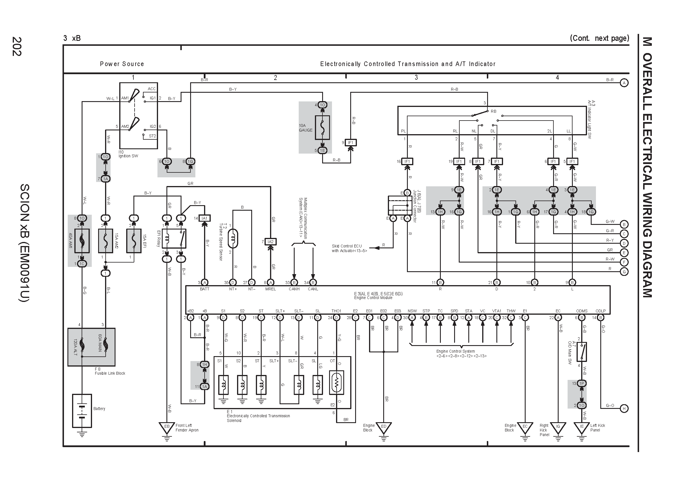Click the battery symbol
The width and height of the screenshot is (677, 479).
point(82,411)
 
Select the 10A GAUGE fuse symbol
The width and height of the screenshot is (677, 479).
point(322,128)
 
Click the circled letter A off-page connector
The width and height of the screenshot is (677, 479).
point(624,83)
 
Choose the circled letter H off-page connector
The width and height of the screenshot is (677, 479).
point(624,409)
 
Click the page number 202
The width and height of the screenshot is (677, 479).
point(17,46)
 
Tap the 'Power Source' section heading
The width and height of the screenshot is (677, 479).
point(122,64)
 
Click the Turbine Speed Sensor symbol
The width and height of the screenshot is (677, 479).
point(233,238)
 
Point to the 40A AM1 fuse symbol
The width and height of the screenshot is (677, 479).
point(82,241)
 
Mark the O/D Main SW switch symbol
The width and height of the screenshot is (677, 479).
point(581,351)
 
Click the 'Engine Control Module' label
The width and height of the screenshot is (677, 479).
point(373,298)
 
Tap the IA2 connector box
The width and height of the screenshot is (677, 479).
point(270,242)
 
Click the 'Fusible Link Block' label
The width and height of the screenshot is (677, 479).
point(110,373)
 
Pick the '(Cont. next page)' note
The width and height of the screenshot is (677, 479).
point(599,38)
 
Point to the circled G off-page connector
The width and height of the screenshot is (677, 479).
point(624,272)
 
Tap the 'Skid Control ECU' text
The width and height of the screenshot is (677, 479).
point(347,246)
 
